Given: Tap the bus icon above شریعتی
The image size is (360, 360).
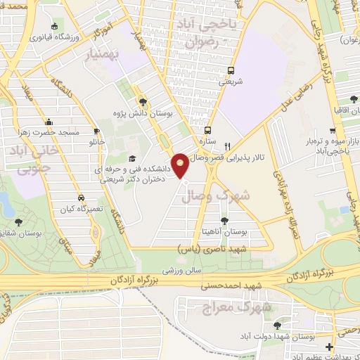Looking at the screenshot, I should point(230,70).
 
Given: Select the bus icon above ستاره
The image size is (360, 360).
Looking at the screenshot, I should point(207,129).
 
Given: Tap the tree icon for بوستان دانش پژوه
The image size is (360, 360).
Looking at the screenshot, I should point(143,101).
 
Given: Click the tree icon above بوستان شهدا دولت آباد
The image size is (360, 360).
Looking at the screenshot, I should point(277,325).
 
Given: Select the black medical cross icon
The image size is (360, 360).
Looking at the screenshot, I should point(329,347).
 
